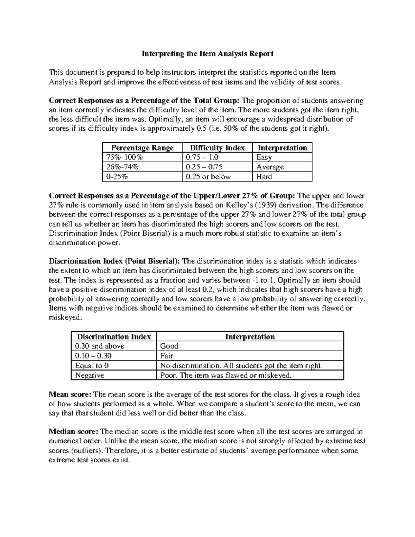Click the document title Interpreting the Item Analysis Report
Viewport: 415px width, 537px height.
coord(207,54)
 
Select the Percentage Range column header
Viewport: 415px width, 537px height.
coord(142,148)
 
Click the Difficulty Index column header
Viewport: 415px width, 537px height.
coord(217,148)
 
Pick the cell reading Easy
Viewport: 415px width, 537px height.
coord(264,157)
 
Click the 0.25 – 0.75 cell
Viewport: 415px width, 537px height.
coord(204,167)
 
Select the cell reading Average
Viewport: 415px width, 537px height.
coord(270,167)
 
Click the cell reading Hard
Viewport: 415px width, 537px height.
coord(264,177)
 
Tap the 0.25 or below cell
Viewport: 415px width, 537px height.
coord(208,177)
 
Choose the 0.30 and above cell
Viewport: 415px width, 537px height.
coord(100,346)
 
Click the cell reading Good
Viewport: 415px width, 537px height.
coord(169,346)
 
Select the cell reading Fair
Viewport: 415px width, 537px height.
coord(166,356)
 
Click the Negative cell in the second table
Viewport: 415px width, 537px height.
coord(90,375)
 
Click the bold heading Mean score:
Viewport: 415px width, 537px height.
coord(70,395)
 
